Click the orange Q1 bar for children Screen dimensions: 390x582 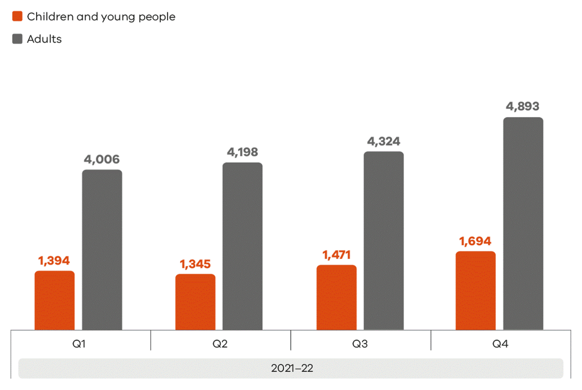(x=55, y=300)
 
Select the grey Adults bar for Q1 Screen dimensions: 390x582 (x=102, y=250)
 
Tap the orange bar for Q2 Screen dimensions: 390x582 (x=195, y=302)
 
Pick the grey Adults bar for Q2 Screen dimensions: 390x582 (x=242, y=246)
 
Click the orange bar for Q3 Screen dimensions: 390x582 (x=336, y=297)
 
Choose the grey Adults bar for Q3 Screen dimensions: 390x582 (x=383, y=241)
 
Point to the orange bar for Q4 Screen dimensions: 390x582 (x=476, y=290)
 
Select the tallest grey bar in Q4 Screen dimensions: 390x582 (x=523, y=224)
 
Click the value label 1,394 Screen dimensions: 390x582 (x=54, y=261)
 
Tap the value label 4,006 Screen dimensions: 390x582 (x=102, y=160)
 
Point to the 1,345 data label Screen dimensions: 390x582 (x=195, y=264)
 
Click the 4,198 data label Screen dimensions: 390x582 (x=242, y=152)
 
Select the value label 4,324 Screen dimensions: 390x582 (x=383, y=142)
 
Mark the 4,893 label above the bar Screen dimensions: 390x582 (x=523, y=107)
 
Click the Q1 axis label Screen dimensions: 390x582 (x=79, y=344)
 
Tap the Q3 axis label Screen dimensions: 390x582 (x=360, y=344)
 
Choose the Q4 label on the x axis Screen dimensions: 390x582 (x=500, y=344)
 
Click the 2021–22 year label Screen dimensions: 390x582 (x=292, y=368)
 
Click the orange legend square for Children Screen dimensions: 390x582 (x=17, y=16)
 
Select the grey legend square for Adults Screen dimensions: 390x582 (x=17, y=39)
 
